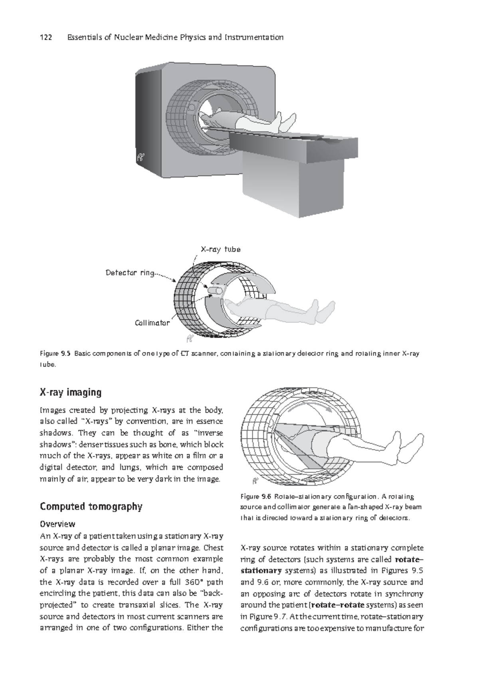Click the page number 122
coord(46,38)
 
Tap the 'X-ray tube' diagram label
coord(220,249)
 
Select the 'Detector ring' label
coord(130,273)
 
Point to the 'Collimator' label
coord(152,323)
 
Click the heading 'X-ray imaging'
coord(71,392)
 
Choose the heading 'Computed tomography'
coord(91,507)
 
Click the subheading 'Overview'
coord(57,524)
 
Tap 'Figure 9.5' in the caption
coord(55,354)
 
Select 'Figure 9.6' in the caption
coord(256,497)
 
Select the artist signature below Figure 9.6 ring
coord(255,481)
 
